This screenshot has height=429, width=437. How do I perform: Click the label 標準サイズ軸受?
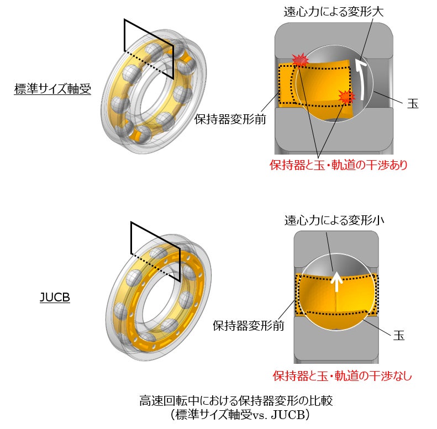[x=52, y=88]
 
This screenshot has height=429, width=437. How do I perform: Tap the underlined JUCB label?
[x=55, y=298]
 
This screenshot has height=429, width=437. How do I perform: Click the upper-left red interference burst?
[x=299, y=60]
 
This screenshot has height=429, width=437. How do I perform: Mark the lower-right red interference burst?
[x=346, y=97]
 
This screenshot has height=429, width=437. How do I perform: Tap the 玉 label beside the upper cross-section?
[x=412, y=103]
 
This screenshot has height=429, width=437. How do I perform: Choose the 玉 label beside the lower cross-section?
[x=398, y=335]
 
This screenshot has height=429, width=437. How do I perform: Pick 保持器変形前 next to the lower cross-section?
[x=249, y=326]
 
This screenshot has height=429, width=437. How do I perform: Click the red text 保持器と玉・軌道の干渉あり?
[x=338, y=165]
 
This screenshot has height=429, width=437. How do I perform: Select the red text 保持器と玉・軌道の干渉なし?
[x=343, y=376]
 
